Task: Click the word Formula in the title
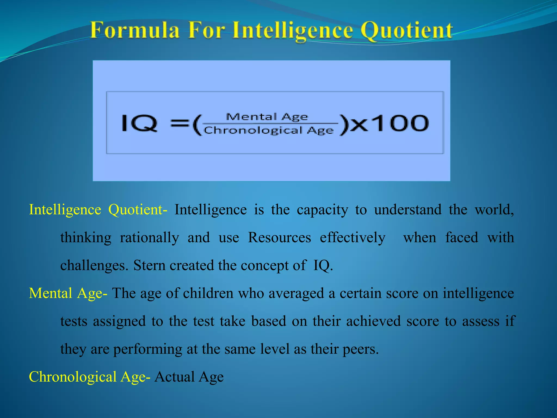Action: [135, 30]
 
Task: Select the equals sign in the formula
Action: [180, 124]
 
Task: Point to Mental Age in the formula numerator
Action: [267, 117]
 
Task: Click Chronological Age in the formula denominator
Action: [269, 131]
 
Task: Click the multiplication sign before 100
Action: [359, 125]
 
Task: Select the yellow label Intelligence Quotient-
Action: [98, 210]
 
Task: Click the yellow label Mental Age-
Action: [68, 293]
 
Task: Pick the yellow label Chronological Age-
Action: [89, 377]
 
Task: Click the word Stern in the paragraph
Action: [149, 265]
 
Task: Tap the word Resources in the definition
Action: [279, 238]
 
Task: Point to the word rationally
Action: [149, 238]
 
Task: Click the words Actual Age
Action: [189, 377]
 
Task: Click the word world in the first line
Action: [494, 210]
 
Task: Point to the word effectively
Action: [352, 238]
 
